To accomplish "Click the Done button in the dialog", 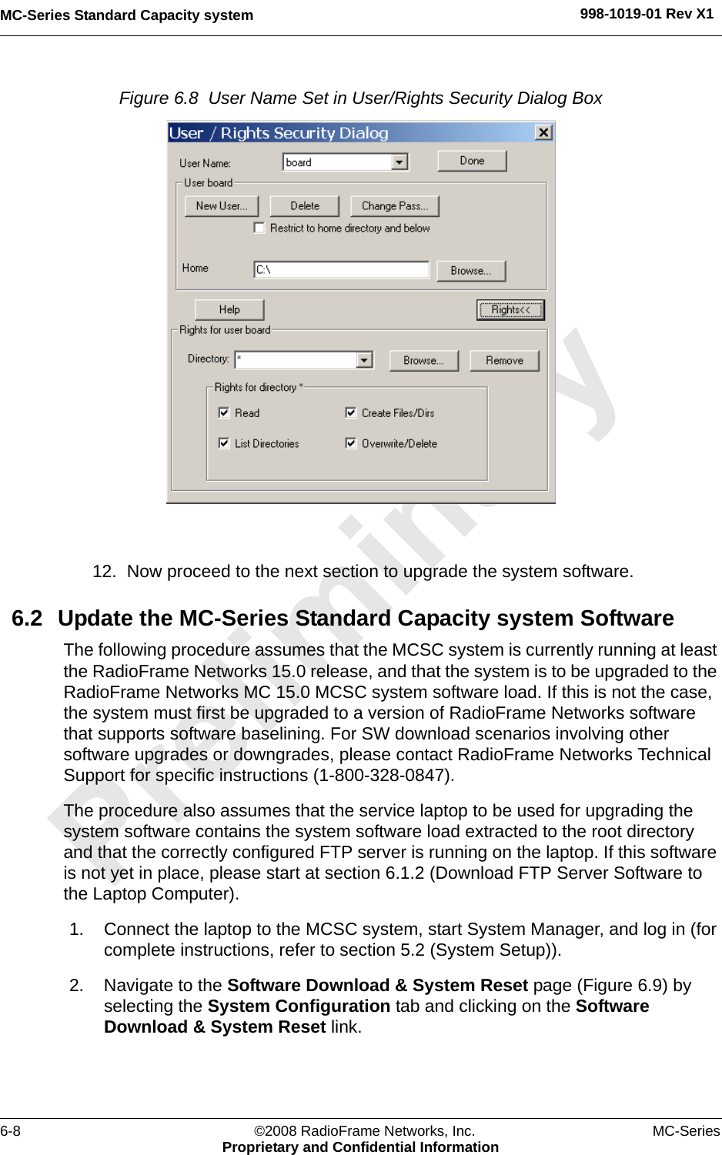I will pos(472,161).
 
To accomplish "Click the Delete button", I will pos(305,206).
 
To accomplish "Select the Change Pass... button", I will pos(395,206).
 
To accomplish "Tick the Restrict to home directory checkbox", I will pos(259,228).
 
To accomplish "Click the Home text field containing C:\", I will pos(342,269).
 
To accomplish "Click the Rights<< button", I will pos(510,310).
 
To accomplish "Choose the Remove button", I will pos(504,360).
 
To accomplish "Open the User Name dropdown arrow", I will pos(399,162).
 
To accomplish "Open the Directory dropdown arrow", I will pos(364,359).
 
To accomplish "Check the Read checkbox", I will pos(224,412).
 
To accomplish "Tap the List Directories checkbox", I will pos(224,443).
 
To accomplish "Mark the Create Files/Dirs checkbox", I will pos(351,412).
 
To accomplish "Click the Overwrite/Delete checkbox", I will pos(351,443).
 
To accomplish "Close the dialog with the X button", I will pos(543,132).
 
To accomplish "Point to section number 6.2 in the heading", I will pos(27,619).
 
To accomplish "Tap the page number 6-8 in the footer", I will pos(11,1131).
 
